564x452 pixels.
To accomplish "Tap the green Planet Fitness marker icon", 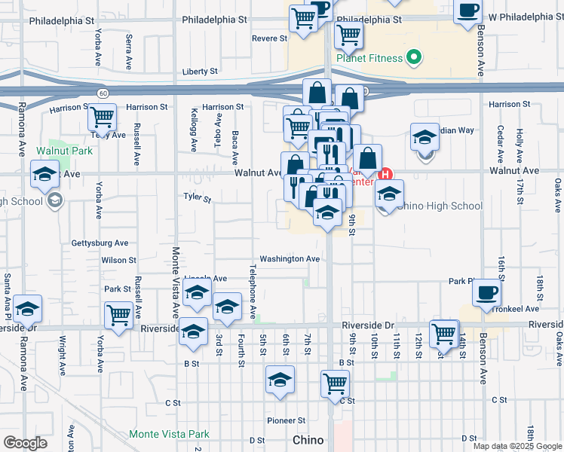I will [x=413, y=56].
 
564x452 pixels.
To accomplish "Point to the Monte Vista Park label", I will [x=169, y=434].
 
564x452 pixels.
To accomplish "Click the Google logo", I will [x=25, y=443].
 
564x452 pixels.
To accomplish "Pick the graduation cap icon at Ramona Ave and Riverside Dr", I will [x=28, y=308].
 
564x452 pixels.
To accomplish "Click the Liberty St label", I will [x=200, y=72].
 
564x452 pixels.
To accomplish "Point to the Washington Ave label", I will [x=290, y=258].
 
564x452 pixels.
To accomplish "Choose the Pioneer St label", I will [x=286, y=420].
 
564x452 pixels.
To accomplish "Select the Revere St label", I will [x=269, y=38].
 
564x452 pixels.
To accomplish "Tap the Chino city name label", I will [x=308, y=440].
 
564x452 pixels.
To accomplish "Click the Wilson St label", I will [x=118, y=260].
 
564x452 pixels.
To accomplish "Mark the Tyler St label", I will [x=198, y=197].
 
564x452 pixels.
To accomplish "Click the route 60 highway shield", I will [x=101, y=92].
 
